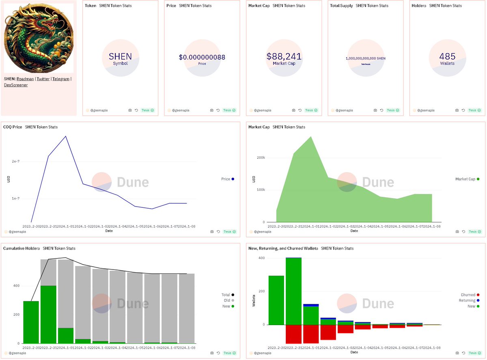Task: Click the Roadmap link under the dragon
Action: (x=25, y=79)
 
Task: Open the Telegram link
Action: (x=61, y=79)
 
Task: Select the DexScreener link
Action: (x=16, y=85)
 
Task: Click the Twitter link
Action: (x=43, y=79)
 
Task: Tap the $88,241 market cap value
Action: (x=284, y=56)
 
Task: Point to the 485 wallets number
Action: (x=447, y=56)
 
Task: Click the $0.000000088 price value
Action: (x=202, y=57)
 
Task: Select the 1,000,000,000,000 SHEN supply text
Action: (x=365, y=58)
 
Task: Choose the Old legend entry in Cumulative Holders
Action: (x=226, y=300)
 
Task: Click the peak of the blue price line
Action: (x=66, y=136)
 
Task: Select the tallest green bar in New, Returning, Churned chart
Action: (x=293, y=291)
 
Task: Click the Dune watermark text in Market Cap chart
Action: (x=378, y=182)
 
